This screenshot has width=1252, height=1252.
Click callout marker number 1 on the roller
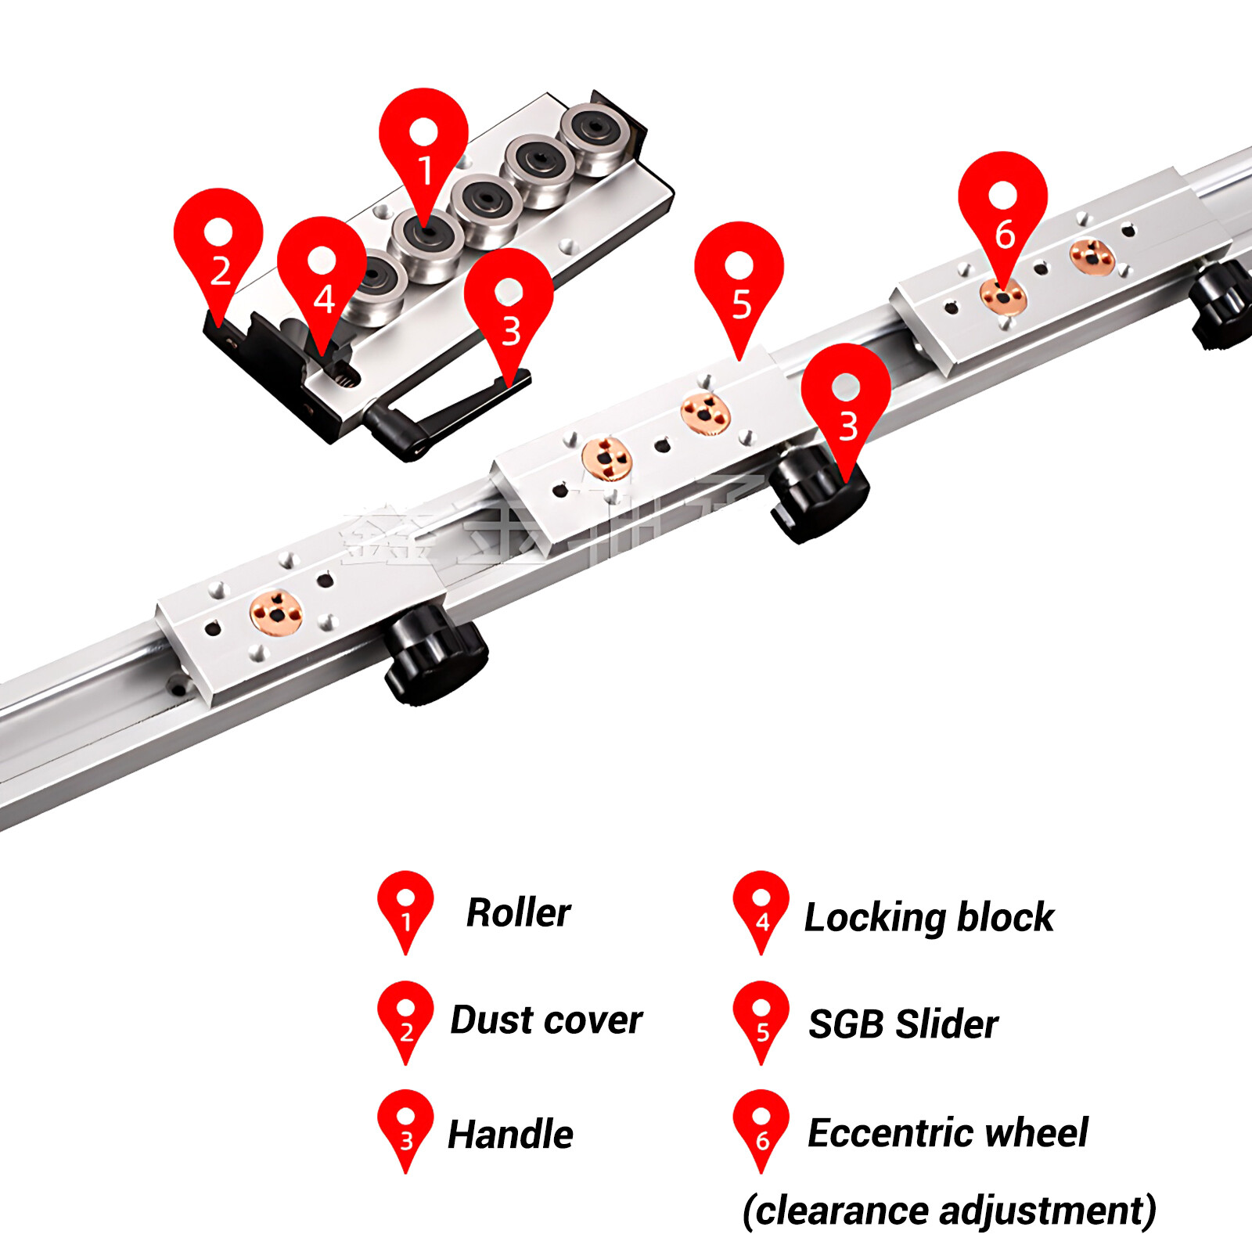423,149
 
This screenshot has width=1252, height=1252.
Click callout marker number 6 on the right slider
1002,211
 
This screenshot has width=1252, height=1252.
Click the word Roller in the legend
518,912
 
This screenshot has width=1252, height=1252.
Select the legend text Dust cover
546,1020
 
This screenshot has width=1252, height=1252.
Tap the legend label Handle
510,1134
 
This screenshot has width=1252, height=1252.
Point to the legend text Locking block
929,917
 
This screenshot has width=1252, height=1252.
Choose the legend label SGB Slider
903,1024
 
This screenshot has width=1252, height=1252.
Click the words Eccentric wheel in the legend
948,1132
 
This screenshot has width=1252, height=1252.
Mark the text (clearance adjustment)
949,1211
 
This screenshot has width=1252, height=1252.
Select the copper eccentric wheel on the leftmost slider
275,613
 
